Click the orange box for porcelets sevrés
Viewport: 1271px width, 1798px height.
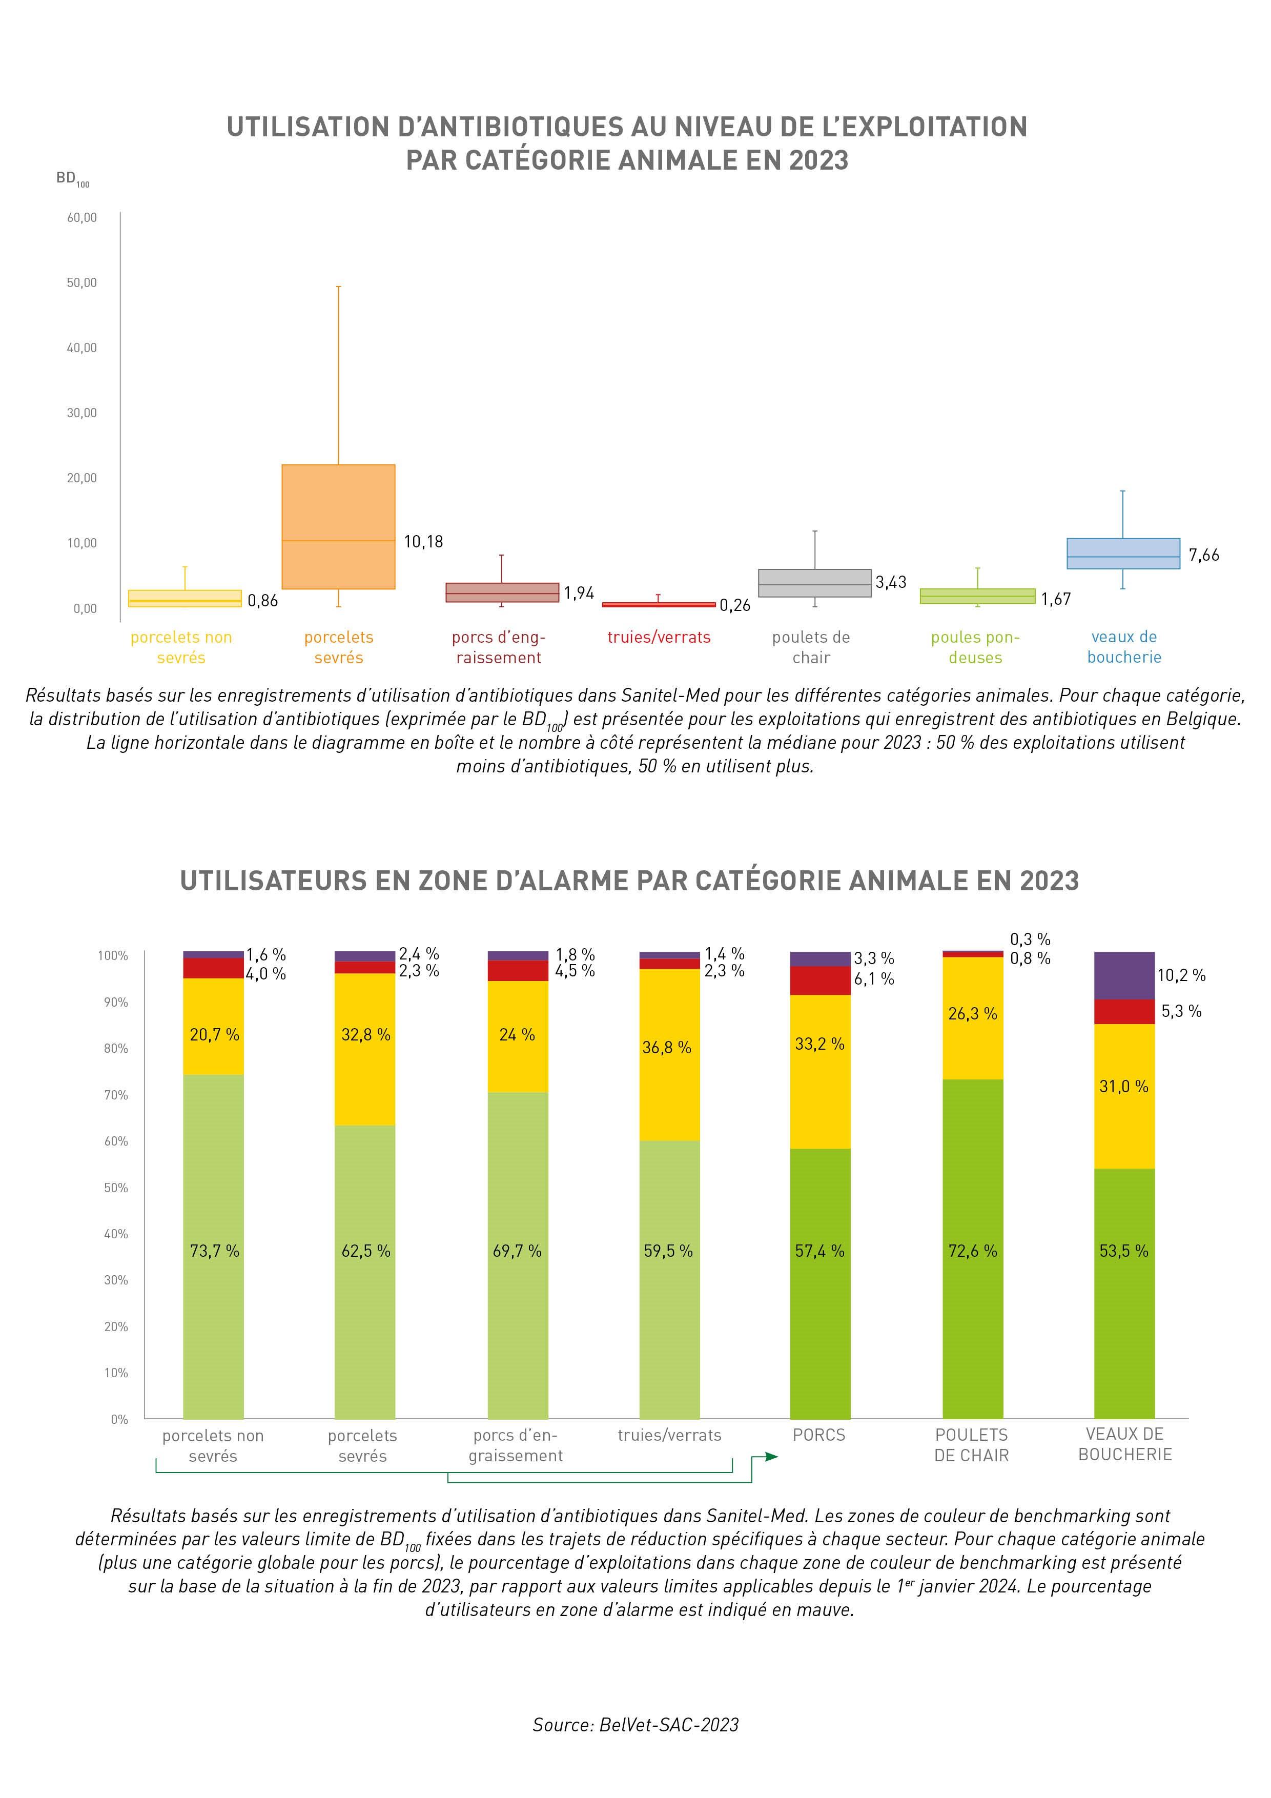pyautogui.click(x=338, y=526)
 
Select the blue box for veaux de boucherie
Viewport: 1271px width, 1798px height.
pyautogui.click(x=1123, y=553)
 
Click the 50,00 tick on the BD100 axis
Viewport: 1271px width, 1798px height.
pyautogui.click(x=81, y=283)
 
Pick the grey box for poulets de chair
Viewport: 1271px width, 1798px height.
pyautogui.click(x=814, y=583)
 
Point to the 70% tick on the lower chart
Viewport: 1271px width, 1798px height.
pyautogui.click(x=116, y=1095)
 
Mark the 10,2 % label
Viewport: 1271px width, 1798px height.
pyautogui.click(x=1181, y=975)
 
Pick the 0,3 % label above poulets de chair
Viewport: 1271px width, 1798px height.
pyautogui.click(x=1030, y=939)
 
